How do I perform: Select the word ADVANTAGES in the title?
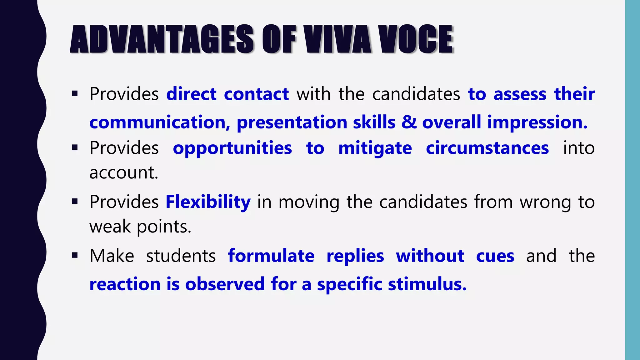pos(162,39)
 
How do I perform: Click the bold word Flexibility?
pos(208,202)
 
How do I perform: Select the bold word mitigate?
pos(375,148)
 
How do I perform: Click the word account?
pos(124,172)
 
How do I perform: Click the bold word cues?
pos(495,256)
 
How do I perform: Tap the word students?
pos(181,256)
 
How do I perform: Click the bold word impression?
pos(537,122)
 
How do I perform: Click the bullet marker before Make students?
pos(75,256)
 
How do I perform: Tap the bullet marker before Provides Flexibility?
pos(75,202)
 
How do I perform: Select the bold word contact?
pos(256,94)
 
